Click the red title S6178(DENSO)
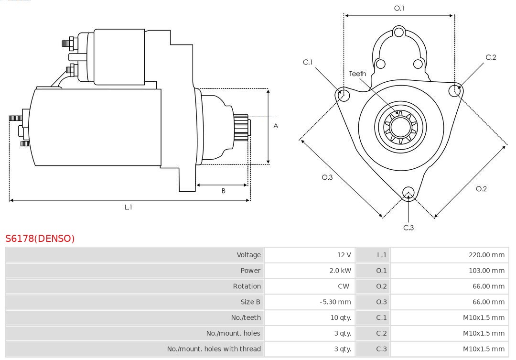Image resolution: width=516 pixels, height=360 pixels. [x=40, y=239]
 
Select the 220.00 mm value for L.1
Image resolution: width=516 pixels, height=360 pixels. [x=486, y=255]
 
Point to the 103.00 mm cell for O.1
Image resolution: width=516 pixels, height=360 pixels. [x=486, y=271]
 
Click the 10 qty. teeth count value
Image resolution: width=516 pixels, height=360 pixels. [x=341, y=317]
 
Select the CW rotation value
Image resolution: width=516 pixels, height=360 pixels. [x=344, y=286]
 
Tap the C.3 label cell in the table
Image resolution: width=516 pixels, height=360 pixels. [x=381, y=349]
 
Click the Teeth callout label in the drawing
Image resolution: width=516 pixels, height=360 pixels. [x=357, y=74]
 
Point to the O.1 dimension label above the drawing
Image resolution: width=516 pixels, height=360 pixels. [x=399, y=8]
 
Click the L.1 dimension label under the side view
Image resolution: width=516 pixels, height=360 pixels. [x=128, y=207]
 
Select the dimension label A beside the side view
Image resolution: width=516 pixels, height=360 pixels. [x=276, y=126]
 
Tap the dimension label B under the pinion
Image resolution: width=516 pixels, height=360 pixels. [x=223, y=191]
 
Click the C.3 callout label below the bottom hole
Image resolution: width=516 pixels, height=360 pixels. [x=408, y=228]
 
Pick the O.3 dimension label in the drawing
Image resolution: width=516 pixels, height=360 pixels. [x=327, y=177]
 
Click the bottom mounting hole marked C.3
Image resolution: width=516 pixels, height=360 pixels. [x=408, y=193]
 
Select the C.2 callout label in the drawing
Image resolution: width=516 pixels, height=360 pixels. [x=491, y=57]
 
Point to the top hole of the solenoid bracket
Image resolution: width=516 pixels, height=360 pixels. [x=399, y=33]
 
